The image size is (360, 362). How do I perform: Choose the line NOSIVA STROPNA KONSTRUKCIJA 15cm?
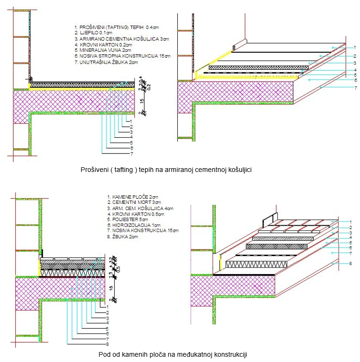(122, 56)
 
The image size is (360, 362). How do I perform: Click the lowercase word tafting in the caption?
(126, 169)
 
